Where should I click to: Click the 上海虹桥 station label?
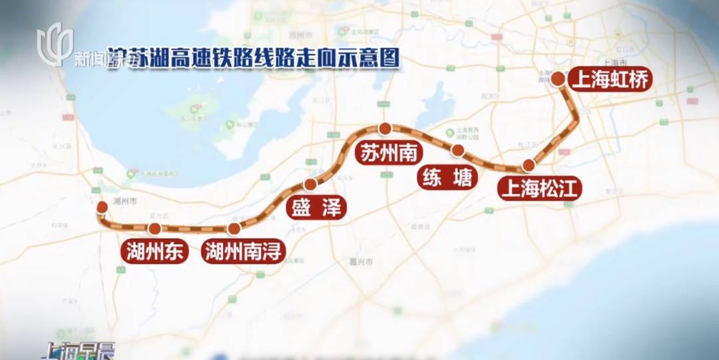pos(610,80)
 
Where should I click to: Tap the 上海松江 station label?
pos(540,189)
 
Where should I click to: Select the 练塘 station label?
pos(447,178)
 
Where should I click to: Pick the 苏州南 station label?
pos(389,153)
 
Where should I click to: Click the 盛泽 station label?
pos(316,208)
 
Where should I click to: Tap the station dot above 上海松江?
pos(529,165)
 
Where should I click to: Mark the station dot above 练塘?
pos(457,150)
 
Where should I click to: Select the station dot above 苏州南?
pos(384,128)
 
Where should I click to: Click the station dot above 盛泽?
pos(310,184)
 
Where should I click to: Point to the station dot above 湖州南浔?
pos(234,229)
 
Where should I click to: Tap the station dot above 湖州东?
pos(154,229)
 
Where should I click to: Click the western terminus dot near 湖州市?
pos(102,208)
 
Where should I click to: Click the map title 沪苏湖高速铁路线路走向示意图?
pos(253,59)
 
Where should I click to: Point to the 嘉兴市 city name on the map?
pos(364,262)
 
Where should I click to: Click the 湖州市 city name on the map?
pos(124,200)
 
